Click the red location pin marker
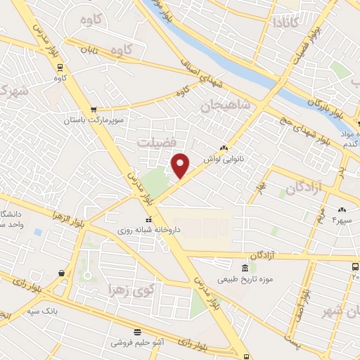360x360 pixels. point(181,165)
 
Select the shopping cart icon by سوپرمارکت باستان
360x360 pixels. point(94,109)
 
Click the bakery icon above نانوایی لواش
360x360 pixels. point(224,148)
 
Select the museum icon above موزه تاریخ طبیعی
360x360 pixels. point(245,268)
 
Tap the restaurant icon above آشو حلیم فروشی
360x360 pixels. point(136,331)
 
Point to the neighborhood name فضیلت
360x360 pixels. point(157,143)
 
